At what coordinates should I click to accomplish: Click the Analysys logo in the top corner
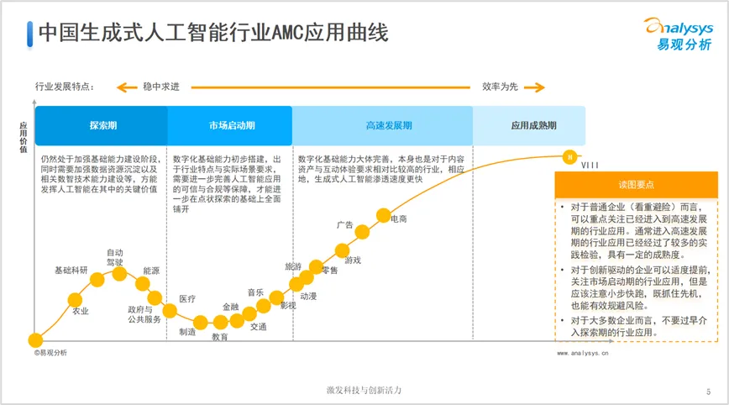(676, 34)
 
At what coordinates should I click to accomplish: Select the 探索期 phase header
(102, 125)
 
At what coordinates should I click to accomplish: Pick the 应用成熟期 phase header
(533, 125)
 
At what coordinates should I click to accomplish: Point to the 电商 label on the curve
(399, 219)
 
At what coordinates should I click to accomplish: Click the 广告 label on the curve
(344, 225)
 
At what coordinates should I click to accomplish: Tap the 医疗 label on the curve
(187, 299)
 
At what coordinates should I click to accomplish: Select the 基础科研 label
(71, 271)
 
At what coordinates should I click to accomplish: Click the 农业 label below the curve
(80, 312)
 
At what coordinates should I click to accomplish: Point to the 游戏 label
(353, 260)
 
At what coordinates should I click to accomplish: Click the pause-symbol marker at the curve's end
(569, 155)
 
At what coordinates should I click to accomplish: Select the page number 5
(708, 392)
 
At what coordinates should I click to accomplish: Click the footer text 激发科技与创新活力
(364, 391)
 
